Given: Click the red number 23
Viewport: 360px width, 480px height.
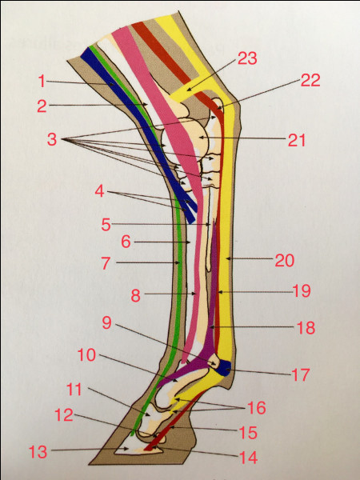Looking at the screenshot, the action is point(247,58).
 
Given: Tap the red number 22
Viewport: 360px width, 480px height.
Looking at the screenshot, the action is point(310,80).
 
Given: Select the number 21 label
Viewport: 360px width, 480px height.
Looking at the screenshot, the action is point(297,140).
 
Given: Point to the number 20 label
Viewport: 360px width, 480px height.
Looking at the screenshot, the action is point(284,260).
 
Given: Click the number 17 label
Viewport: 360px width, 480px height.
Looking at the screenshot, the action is point(301,374).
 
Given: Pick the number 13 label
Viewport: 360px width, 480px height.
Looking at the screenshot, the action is point(38,452).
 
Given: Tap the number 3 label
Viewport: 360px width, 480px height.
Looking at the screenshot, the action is point(52,139).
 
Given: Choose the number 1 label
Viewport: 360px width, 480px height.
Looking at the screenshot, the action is point(42,82).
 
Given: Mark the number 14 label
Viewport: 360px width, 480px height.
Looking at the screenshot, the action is point(248,458).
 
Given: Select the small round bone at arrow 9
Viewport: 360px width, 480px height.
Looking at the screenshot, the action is point(214,362).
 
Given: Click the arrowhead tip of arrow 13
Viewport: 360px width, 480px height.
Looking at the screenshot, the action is point(129,449).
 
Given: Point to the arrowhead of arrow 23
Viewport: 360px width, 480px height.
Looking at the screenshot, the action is point(188,90).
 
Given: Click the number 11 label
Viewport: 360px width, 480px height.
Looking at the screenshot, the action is point(74,390).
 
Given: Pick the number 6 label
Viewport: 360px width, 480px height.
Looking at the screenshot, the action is point(126,242).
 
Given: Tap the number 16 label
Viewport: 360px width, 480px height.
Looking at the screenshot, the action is point(257,408).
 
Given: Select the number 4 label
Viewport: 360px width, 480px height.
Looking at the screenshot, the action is point(99,192).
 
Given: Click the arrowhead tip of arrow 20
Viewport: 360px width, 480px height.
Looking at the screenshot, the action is point(226,258).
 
